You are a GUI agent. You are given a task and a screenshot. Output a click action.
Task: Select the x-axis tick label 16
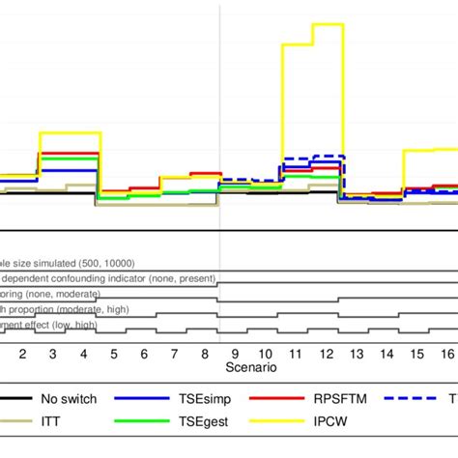click(x=446, y=354)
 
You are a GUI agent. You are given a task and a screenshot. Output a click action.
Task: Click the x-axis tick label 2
click(x=21, y=354)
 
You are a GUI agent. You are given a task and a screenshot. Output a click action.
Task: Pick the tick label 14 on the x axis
click(x=386, y=354)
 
